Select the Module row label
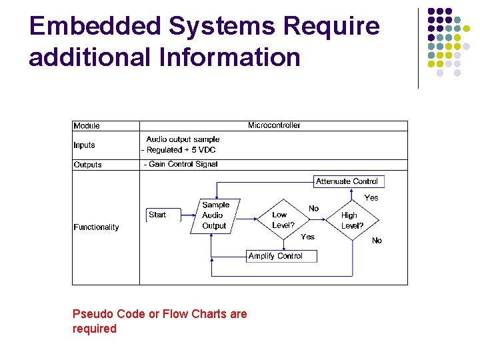[x=87, y=126]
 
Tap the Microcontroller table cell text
[x=274, y=125]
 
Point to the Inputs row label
[x=85, y=145]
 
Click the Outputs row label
[x=87, y=165]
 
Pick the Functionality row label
[x=96, y=227]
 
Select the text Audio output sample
[x=183, y=139]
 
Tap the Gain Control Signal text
[x=181, y=164]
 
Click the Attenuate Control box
[x=347, y=181]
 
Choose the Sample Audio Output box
[x=215, y=215]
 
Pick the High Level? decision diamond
[x=352, y=220]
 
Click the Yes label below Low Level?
[x=308, y=237]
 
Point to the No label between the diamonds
[x=314, y=209]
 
